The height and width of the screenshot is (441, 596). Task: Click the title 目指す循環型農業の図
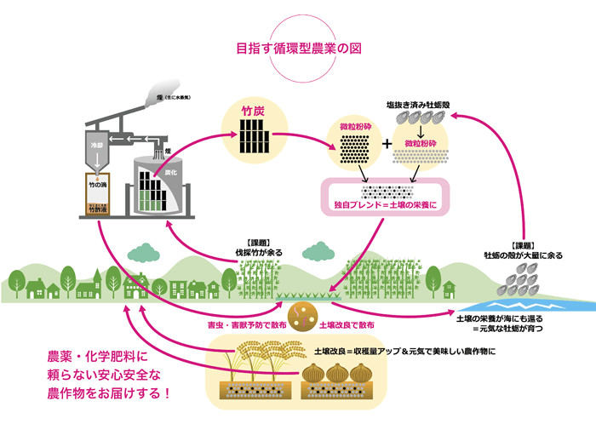pyautogui.click(x=298, y=49)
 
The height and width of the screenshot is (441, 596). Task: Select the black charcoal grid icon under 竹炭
pyautogui.click(x=252, y=135)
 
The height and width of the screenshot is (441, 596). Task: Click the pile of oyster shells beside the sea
pyautogui.click(x=519, y=280)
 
